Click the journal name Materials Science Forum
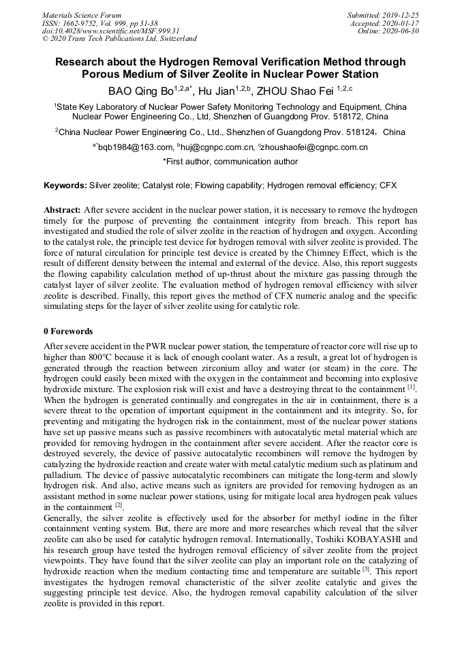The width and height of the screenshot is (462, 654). coord(82,14)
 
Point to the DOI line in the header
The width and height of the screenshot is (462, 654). coord(111,31)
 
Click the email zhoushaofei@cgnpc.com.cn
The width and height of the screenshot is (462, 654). coord(312,147)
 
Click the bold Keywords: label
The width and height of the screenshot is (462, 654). coord(65,185)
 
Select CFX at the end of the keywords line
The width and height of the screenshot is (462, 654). coord(388,185)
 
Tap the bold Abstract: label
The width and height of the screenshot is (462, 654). coord(63,210)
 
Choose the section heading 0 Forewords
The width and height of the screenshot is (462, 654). coord(68,331)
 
